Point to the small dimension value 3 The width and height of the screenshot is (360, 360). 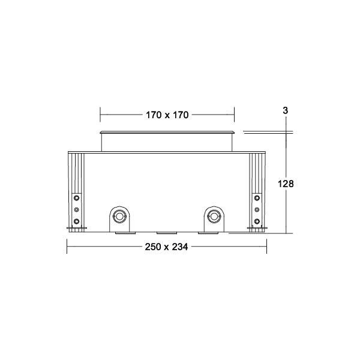[286, 111]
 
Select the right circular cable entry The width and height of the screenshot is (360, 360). [213, 216]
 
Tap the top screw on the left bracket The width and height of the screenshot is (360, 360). [76, 197]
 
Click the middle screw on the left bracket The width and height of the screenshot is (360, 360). [76, 209]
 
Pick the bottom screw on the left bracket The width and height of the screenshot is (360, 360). [76, 222]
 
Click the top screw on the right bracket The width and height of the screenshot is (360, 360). [257, 197]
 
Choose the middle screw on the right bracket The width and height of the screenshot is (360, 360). [257, 209]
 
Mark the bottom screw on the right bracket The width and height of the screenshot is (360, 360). [257, 222]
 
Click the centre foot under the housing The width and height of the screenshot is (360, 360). [166, 232]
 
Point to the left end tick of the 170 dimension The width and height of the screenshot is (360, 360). [100, 114]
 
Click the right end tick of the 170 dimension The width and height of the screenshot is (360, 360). [234, 114]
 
